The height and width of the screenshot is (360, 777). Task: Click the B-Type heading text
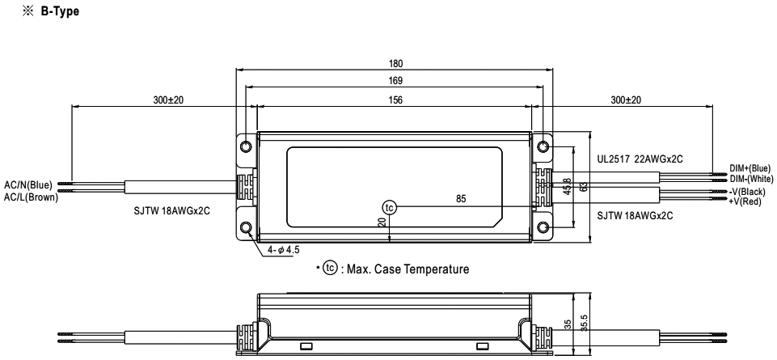pyautogui.click(x=60, y=11)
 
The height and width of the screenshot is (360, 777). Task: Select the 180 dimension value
pyautogui.click(x=396, y=63)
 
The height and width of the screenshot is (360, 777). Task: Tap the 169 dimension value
pyautogui.click(x=396, y=81)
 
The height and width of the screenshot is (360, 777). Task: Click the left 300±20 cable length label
pyautogui.click(x=168, y=100)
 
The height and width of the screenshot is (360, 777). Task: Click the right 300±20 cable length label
pyautogui.click(x=625, y=100)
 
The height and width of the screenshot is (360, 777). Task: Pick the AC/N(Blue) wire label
pyautogui.click(x=28, y=185)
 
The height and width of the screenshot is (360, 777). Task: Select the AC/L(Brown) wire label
pyautogui.click(x=32, y=197)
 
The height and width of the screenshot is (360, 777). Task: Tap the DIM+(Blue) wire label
pyautogui.click(x=750, y=168)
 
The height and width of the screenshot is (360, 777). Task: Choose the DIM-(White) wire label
pyautogui.click(x=751, y=179)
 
